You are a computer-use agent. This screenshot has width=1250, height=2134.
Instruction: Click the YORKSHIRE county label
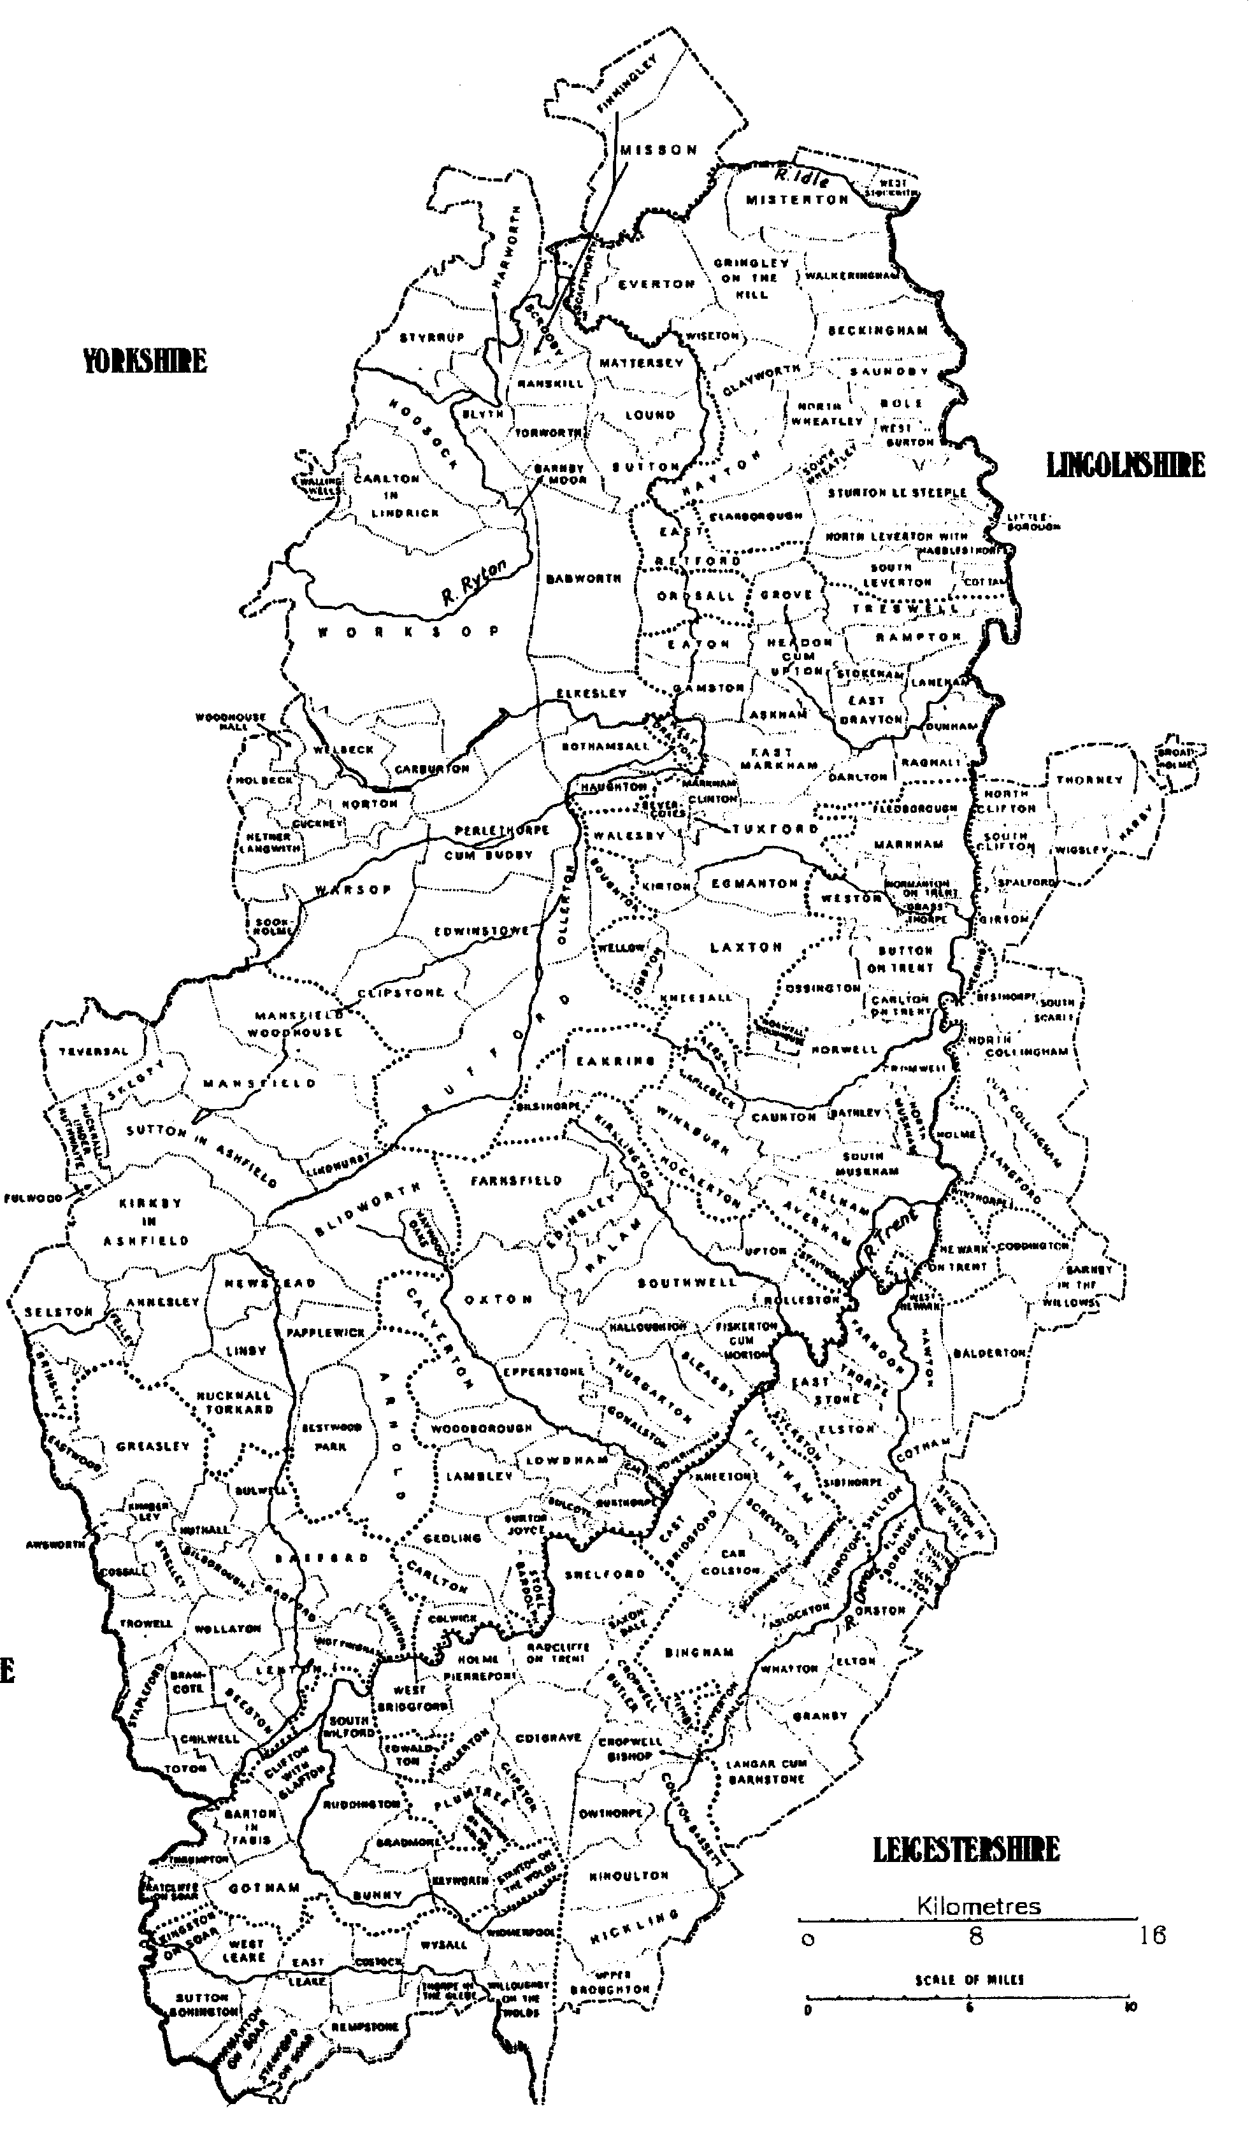tap(145, 361)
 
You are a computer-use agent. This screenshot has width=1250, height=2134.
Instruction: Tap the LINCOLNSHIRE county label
tap(1126, 465)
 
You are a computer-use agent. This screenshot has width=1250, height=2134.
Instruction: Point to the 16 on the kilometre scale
tap(1153, 1936)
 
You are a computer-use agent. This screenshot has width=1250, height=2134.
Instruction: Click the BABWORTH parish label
tap(584, 579)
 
